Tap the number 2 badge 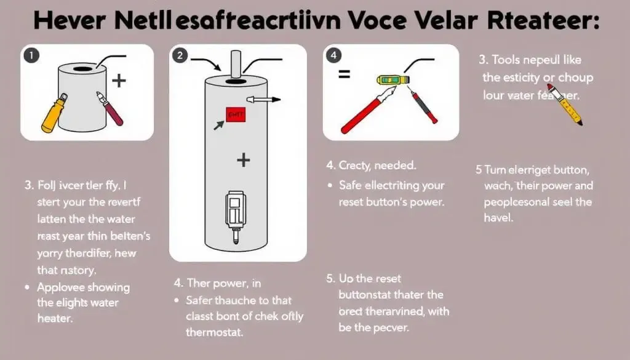(x=180, y=55)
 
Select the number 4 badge (x=334, y=55)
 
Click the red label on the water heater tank (x=234, y=114)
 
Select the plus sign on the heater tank (x=244, y=161)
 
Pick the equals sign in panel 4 (x=345, y=74)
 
